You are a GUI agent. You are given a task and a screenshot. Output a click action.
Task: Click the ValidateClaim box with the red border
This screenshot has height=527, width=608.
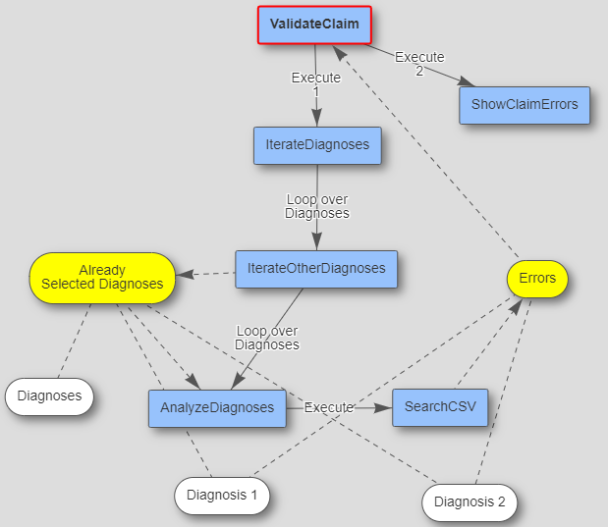[314, 25]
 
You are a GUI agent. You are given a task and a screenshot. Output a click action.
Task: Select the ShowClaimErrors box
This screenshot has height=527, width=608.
[525, 104]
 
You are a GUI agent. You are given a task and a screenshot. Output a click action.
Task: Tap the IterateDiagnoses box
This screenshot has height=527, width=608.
[317, 145]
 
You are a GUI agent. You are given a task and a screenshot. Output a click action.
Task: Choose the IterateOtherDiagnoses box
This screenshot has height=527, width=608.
[316, 268]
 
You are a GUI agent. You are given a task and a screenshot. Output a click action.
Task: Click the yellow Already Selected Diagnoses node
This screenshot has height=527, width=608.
[102, 277]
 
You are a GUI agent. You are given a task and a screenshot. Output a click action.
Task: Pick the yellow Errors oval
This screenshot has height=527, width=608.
[537, 279]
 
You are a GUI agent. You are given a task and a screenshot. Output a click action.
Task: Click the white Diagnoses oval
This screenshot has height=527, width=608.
[49, 397]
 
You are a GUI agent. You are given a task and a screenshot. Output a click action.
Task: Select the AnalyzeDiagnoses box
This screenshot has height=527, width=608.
[217, 407]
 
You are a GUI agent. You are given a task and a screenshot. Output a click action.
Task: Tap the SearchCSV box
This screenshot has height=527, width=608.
[440, 407]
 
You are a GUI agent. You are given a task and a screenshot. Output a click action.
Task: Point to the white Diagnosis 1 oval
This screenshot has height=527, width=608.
[222, 496]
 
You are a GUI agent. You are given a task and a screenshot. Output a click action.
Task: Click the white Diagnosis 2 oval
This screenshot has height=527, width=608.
[470, 502]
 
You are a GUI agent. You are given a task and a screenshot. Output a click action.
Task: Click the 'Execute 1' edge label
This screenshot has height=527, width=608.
[316, 83]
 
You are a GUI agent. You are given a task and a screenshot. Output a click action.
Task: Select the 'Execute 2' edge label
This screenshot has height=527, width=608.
[419, 63]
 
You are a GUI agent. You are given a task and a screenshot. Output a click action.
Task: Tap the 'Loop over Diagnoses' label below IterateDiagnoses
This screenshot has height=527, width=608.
[317, 206]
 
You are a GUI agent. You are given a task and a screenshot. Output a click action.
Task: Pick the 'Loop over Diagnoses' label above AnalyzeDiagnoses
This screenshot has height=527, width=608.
[267, 338]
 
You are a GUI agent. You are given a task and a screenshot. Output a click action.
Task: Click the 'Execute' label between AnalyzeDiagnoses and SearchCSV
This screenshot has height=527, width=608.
[328, 407]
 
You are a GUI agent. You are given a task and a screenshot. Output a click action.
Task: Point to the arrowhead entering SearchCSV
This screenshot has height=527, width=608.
[385, 407]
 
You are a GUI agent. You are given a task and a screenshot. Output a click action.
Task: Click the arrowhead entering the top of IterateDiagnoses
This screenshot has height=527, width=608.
[316, 119]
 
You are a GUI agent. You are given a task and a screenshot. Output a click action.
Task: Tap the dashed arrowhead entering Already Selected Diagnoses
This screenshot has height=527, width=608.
[184, 275]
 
